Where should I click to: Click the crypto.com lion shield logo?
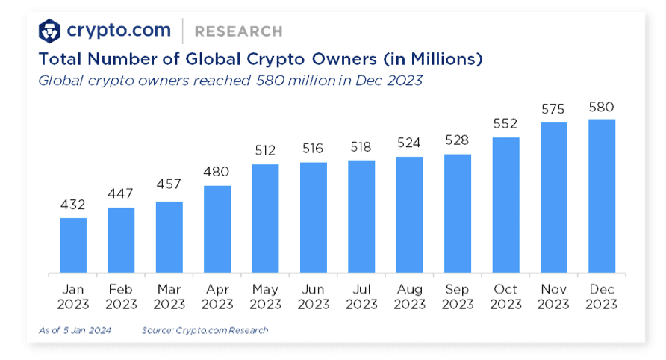(x=50, y=31)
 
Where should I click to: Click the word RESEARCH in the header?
(x=238, y=31)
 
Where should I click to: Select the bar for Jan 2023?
(x=73, y=245)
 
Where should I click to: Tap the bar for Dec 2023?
(x=602, y=196)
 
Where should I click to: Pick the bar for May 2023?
(x=265, y=218)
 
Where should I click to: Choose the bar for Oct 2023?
(x=505, y=205)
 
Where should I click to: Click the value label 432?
(x=73, y=204)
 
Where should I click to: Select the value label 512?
(x=265, y=150)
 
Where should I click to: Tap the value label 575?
(x=553, y=109)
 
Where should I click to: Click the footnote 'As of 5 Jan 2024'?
(x=75, y=329)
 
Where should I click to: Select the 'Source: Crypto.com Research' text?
(x=205, y=329)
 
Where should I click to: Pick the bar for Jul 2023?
(x=361, y=216)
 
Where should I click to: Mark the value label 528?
(x=457, y=140)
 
